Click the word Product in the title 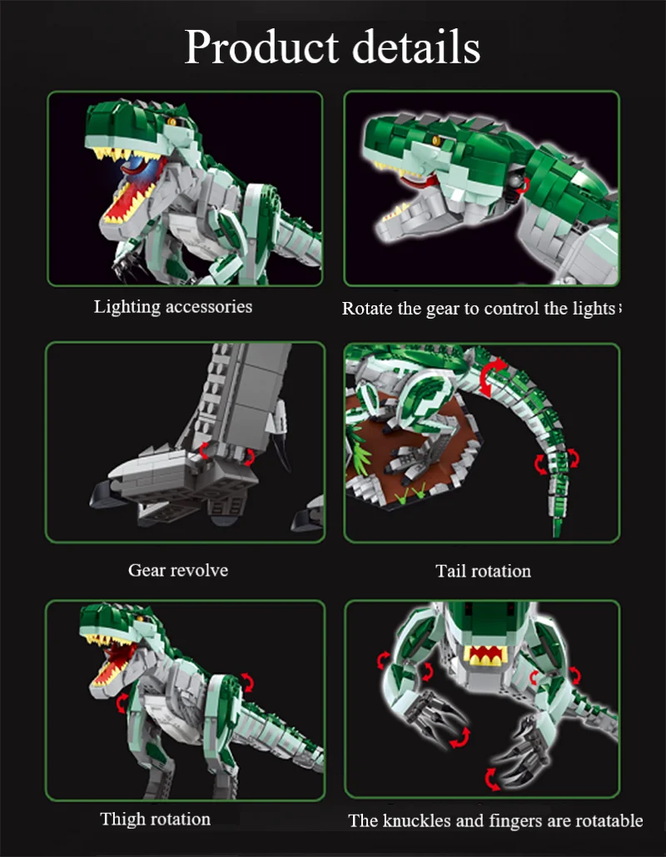[x=261, y=47]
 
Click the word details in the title [x=417, y=47]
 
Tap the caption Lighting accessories [x=172, y=307]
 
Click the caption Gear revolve [x=177, y=570]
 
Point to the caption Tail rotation [x=483, y=571]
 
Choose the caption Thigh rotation [x=155, y=820]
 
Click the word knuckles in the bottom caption [x=420, y=821]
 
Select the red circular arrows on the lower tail [x=555, y=459]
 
